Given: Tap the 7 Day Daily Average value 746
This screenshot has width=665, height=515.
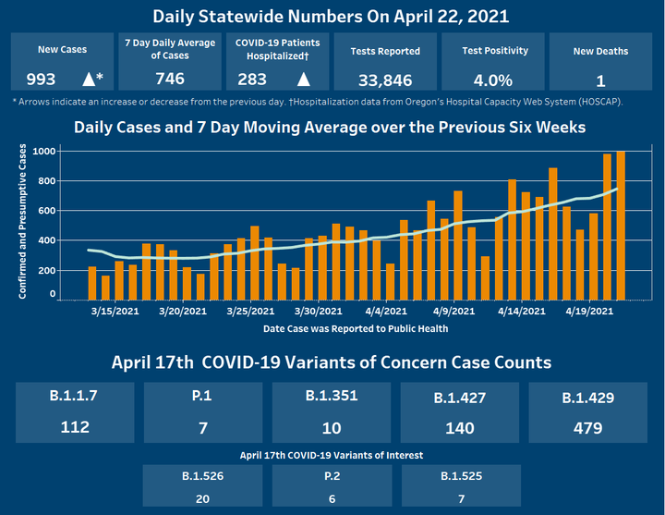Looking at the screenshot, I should pyautogui.click(x=169, y=80).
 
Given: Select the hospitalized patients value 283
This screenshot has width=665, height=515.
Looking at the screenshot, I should pyautogui.click(x=252, y=80).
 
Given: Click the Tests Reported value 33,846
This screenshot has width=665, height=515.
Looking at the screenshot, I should pyautogui.click(x=385, y=80).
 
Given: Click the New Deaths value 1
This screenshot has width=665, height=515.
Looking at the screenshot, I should pyautogui.click(x=600, y=80).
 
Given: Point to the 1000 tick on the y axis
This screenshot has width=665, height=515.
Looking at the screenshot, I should pyautogui.click(x=42, y=151).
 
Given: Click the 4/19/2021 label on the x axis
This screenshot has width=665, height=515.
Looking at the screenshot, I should pyautogui.click(x=590, y=312).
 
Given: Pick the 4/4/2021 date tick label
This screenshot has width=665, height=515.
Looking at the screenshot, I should pyautogui.click(x=386, y=312).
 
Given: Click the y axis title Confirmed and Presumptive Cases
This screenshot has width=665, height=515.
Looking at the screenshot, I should pyautogui.click(x=21, y=220).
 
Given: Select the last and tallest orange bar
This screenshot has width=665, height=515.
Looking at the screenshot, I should pyautogui.click(x=621, y=225).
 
